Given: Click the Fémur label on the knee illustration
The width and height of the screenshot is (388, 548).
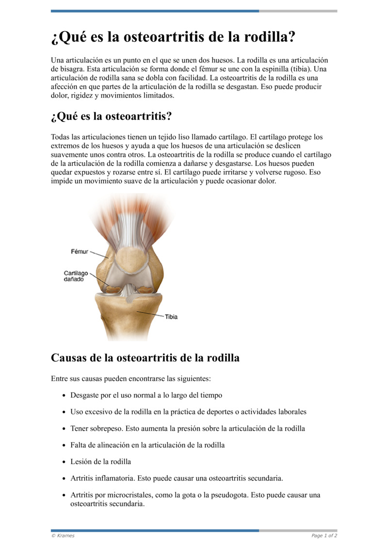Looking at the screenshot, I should click(80, 252).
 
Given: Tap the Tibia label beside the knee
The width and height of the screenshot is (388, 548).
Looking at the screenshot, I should click(171, 317).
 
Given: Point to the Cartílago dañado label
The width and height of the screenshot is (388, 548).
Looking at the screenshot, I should click(76, 277).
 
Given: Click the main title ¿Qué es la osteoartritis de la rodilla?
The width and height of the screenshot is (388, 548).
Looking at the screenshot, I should click(173, 37).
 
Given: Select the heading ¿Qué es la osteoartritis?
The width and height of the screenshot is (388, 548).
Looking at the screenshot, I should click(111, 117).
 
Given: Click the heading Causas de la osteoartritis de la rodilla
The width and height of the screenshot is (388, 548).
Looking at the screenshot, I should click(145, 358).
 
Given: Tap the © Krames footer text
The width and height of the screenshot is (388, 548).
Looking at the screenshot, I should click(63, 535).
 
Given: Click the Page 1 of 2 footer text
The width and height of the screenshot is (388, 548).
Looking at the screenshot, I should click(324, 535).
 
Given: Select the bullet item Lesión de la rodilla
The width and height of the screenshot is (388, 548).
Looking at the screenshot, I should click(101, 461).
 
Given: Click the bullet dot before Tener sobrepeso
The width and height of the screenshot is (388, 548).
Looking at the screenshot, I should click(65, 429).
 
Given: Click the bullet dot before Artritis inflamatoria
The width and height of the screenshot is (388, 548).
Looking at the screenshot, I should click(65, 478).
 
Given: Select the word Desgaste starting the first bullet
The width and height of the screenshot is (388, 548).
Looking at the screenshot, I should click(85, 395).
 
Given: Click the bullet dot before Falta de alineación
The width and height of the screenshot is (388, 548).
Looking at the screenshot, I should click(65, 445).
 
